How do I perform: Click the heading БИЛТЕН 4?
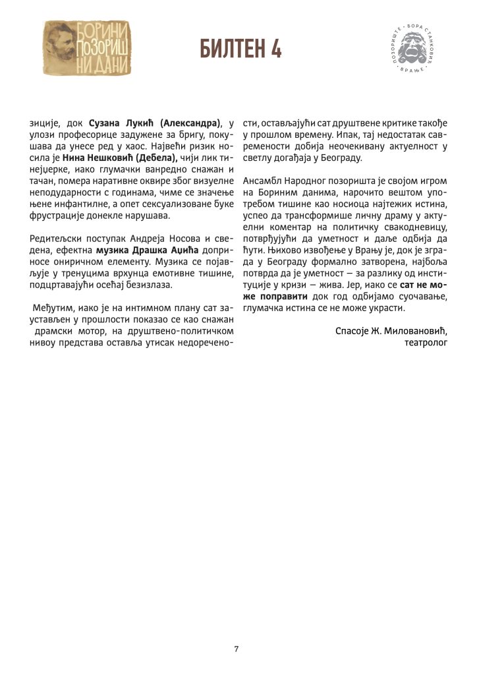click(239, 48)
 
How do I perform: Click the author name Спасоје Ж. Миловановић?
click(391, 332)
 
